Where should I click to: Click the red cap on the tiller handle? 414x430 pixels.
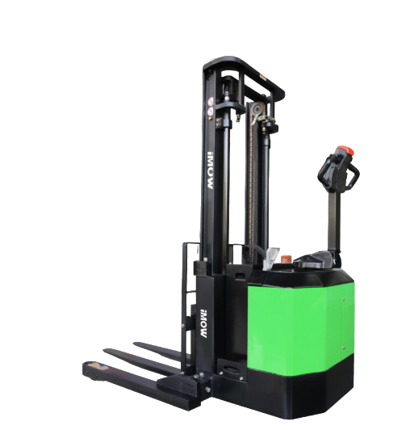pyautogui.click(x=345, y=150)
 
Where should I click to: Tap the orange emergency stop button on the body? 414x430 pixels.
pyautogui.click(x=286, y=259)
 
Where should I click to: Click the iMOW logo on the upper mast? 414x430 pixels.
pyautogui.click(x=211, y=171)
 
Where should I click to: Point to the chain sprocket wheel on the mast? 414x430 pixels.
pyautogui.click(x=257, y=109)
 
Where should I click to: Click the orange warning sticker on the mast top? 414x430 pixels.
pyautogui.click(x=263, y=78)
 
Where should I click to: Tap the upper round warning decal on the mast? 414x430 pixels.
pyautogui.click(x=211, y=102)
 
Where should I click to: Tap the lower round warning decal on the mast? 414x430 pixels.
pyautogui.click(x=211, y=111)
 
